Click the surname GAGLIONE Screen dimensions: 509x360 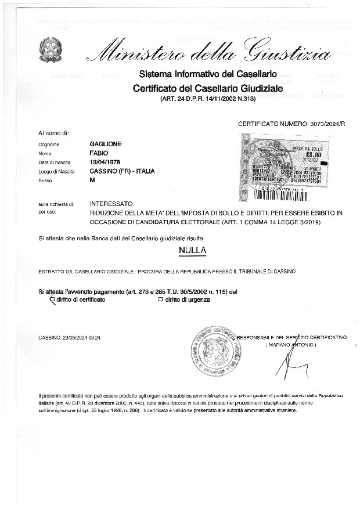point(106,143)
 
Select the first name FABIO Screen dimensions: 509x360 point(99,153)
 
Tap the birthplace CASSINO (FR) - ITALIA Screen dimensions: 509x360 point(122,171)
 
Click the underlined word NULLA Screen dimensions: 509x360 point(193,251)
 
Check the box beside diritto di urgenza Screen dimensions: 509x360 point(161,299)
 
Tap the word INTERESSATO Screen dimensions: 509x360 point(111,204)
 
